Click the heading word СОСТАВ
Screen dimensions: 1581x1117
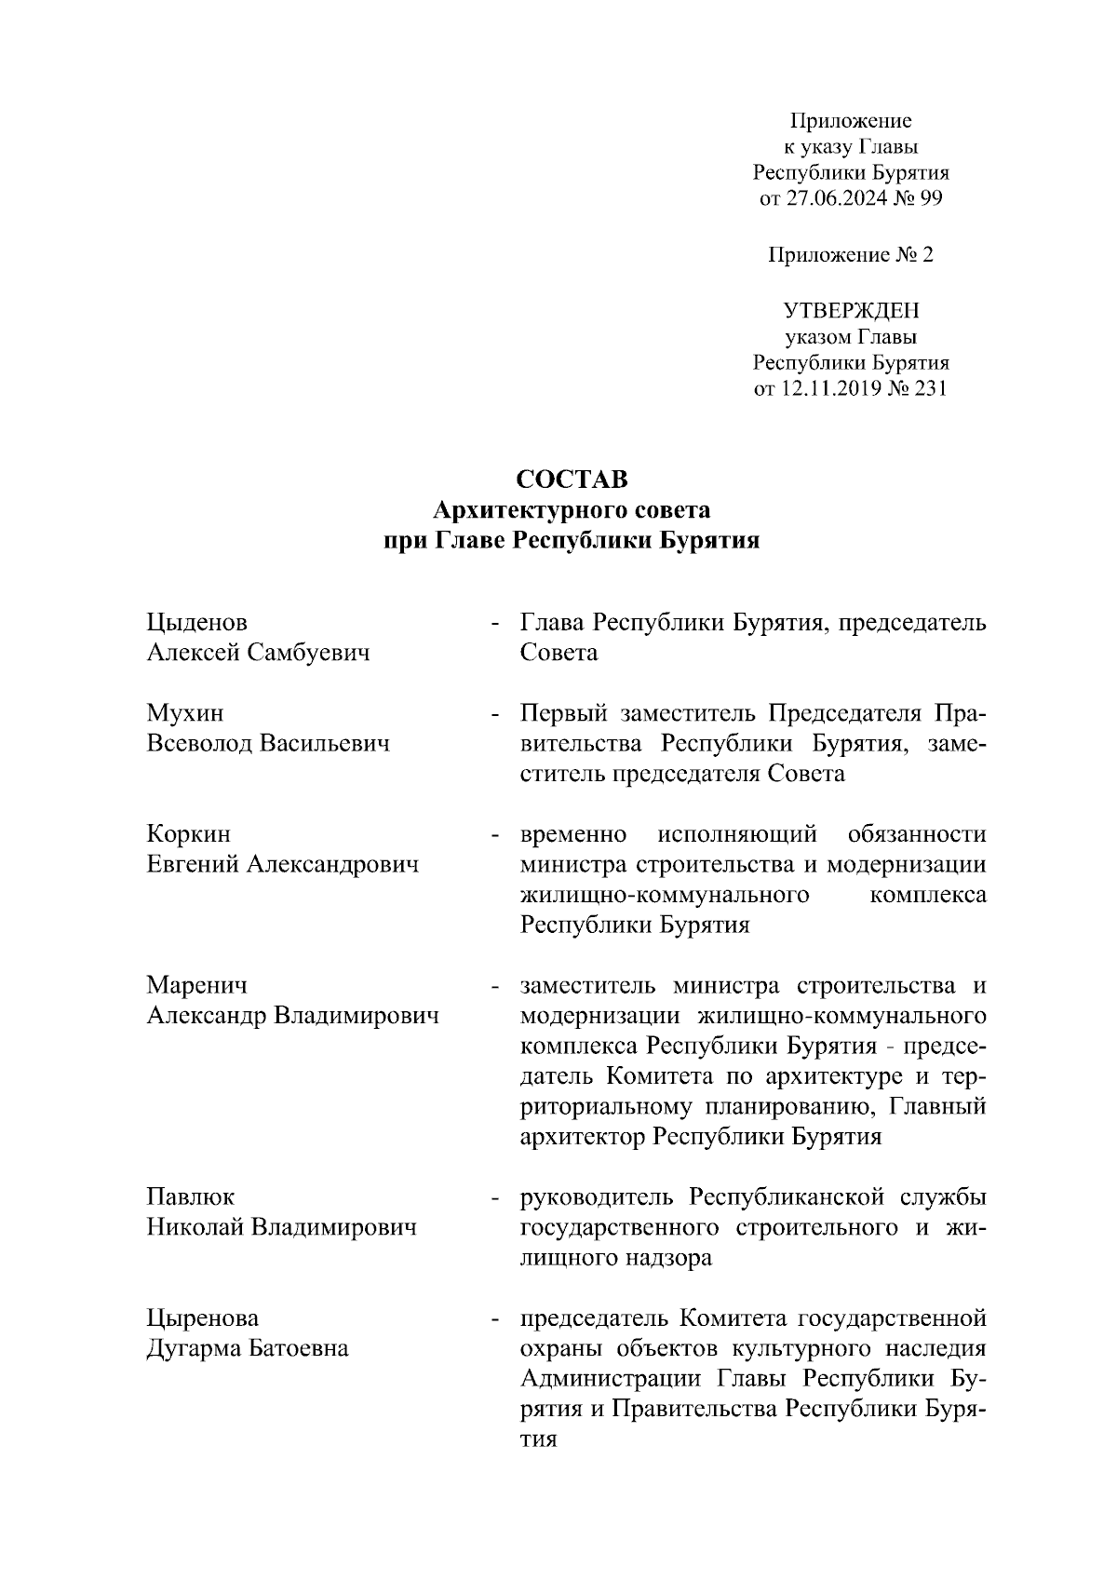572,480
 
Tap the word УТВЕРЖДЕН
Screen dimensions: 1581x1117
851,309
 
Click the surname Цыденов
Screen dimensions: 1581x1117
197,622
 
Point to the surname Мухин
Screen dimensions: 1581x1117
185,713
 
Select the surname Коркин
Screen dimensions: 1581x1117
189,833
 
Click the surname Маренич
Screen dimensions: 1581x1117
197,985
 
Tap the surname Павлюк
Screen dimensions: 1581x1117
191,1196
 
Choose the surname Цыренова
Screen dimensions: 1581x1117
203,1318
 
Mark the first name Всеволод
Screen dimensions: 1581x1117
199,744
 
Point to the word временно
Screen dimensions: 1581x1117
572,833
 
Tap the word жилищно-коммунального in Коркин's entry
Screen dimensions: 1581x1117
663,895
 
